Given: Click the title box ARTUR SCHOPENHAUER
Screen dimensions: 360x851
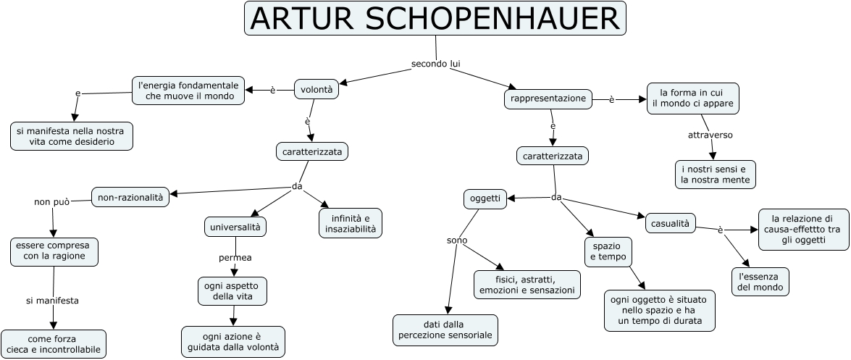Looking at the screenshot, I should pyautogui.click(x=435, y=19).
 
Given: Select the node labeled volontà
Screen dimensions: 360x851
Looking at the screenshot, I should pyautogui.click(x=316, y=89).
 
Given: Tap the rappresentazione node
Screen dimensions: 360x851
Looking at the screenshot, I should pyautogui.click(x=548, y=99).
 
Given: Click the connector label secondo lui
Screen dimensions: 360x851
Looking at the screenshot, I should pyautogui.click(x=436, y=64).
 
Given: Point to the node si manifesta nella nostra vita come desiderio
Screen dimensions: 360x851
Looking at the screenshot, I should pyautogui.click(x=72, y=136).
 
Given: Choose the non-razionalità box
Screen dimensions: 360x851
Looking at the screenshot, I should pyautogui.click(x=130, y=196).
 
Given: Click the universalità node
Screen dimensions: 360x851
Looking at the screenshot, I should pyautogui.click(x=235, y=227).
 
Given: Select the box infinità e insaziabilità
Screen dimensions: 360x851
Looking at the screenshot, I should pyautogui.click(x=351, y=223).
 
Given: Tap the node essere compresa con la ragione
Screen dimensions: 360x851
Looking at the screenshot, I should pyautogui.click(x=54, y=251).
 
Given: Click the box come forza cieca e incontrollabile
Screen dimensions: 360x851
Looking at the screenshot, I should pyautogui.click(x=54, y=344).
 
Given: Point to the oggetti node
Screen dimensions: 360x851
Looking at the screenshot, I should pyautogui.click(x=486, y=199).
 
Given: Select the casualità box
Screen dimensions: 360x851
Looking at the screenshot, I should pyautogui.click(x=670, y=222).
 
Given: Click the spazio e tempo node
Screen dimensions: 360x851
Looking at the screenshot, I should pyautogui.click(x=607, y=251).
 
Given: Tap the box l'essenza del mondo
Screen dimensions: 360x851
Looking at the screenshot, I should pyautogui.click(x=760, y=282).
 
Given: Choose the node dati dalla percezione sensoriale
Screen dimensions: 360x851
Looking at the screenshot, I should pyautogui.click(x=445, y=330).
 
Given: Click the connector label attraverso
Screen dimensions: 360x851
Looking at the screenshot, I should pyautogui.click(x=710, y=135).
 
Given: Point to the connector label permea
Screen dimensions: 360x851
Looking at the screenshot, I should pyautogui.click(x=235, y=257).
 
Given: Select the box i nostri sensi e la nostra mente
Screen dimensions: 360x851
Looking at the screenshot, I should pyautogui.click(x=715, y=175).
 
